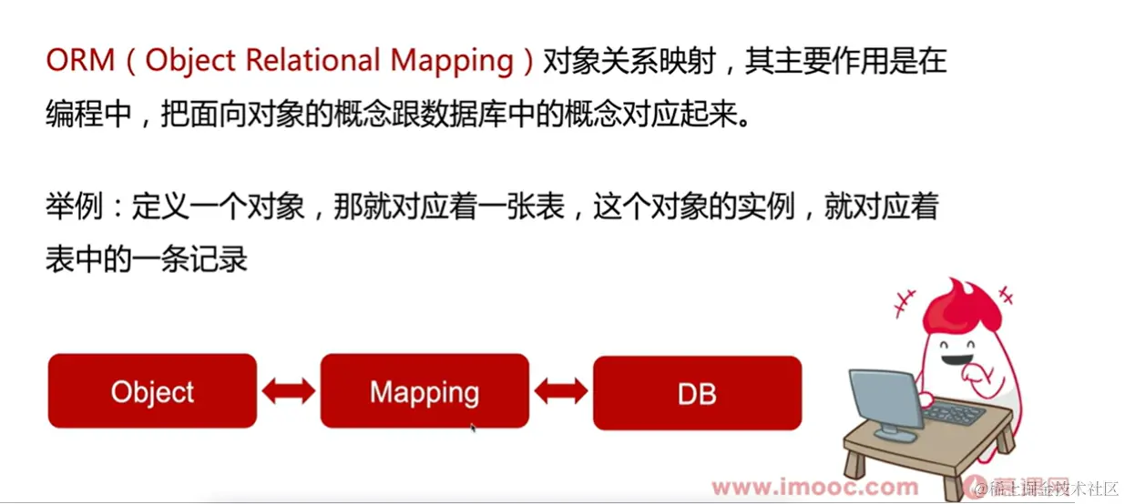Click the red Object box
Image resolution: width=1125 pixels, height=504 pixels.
(x=152, y=390)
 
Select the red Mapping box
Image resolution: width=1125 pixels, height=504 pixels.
(x=424, y=390)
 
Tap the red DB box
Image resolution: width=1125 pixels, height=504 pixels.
(x=697, y=393)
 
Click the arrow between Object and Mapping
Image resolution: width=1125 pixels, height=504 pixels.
(x=289, y=390)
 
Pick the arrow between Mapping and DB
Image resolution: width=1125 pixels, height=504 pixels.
(x=561, y=390)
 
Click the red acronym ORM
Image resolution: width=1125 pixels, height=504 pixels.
(x=80, y=61)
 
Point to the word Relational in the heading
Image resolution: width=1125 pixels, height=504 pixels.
(x=312, y=61)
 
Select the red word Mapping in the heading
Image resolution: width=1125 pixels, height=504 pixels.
(x=452, y=62)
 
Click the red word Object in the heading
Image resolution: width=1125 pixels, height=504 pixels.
(x=190, y=62)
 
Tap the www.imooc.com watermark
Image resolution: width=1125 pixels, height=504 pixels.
(x=815, y=487)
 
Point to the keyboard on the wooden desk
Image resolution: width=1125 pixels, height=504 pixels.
(x=953, y=415)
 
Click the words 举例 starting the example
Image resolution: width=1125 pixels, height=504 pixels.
(x=75, y=207)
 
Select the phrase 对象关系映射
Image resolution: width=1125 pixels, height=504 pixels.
(x=629, y=61)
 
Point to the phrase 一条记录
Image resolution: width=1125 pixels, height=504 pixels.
(x=189, y=258)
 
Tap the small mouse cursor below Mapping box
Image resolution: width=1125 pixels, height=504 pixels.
(x=473, y=428)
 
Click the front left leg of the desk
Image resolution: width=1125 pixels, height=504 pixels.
(x=852, y=465)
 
